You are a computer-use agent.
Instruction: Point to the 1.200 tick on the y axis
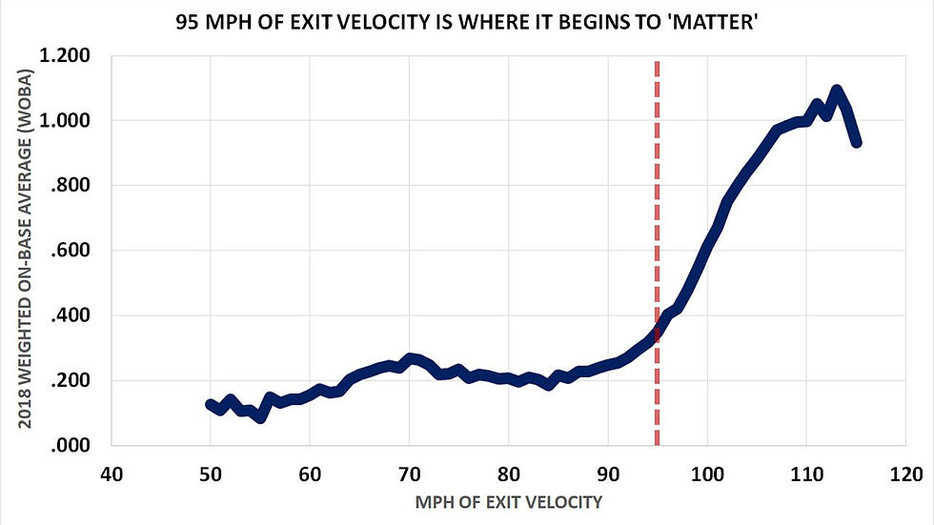67,56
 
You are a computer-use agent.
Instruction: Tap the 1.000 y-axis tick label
67,121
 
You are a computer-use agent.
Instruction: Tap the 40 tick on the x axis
111,473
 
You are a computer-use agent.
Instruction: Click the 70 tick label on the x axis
409,473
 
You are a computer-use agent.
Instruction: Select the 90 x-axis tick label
607,473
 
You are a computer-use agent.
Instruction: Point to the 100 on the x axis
706,473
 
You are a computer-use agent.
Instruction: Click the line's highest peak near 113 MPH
836,91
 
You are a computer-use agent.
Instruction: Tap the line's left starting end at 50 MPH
210,404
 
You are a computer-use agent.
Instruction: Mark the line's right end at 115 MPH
856,142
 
